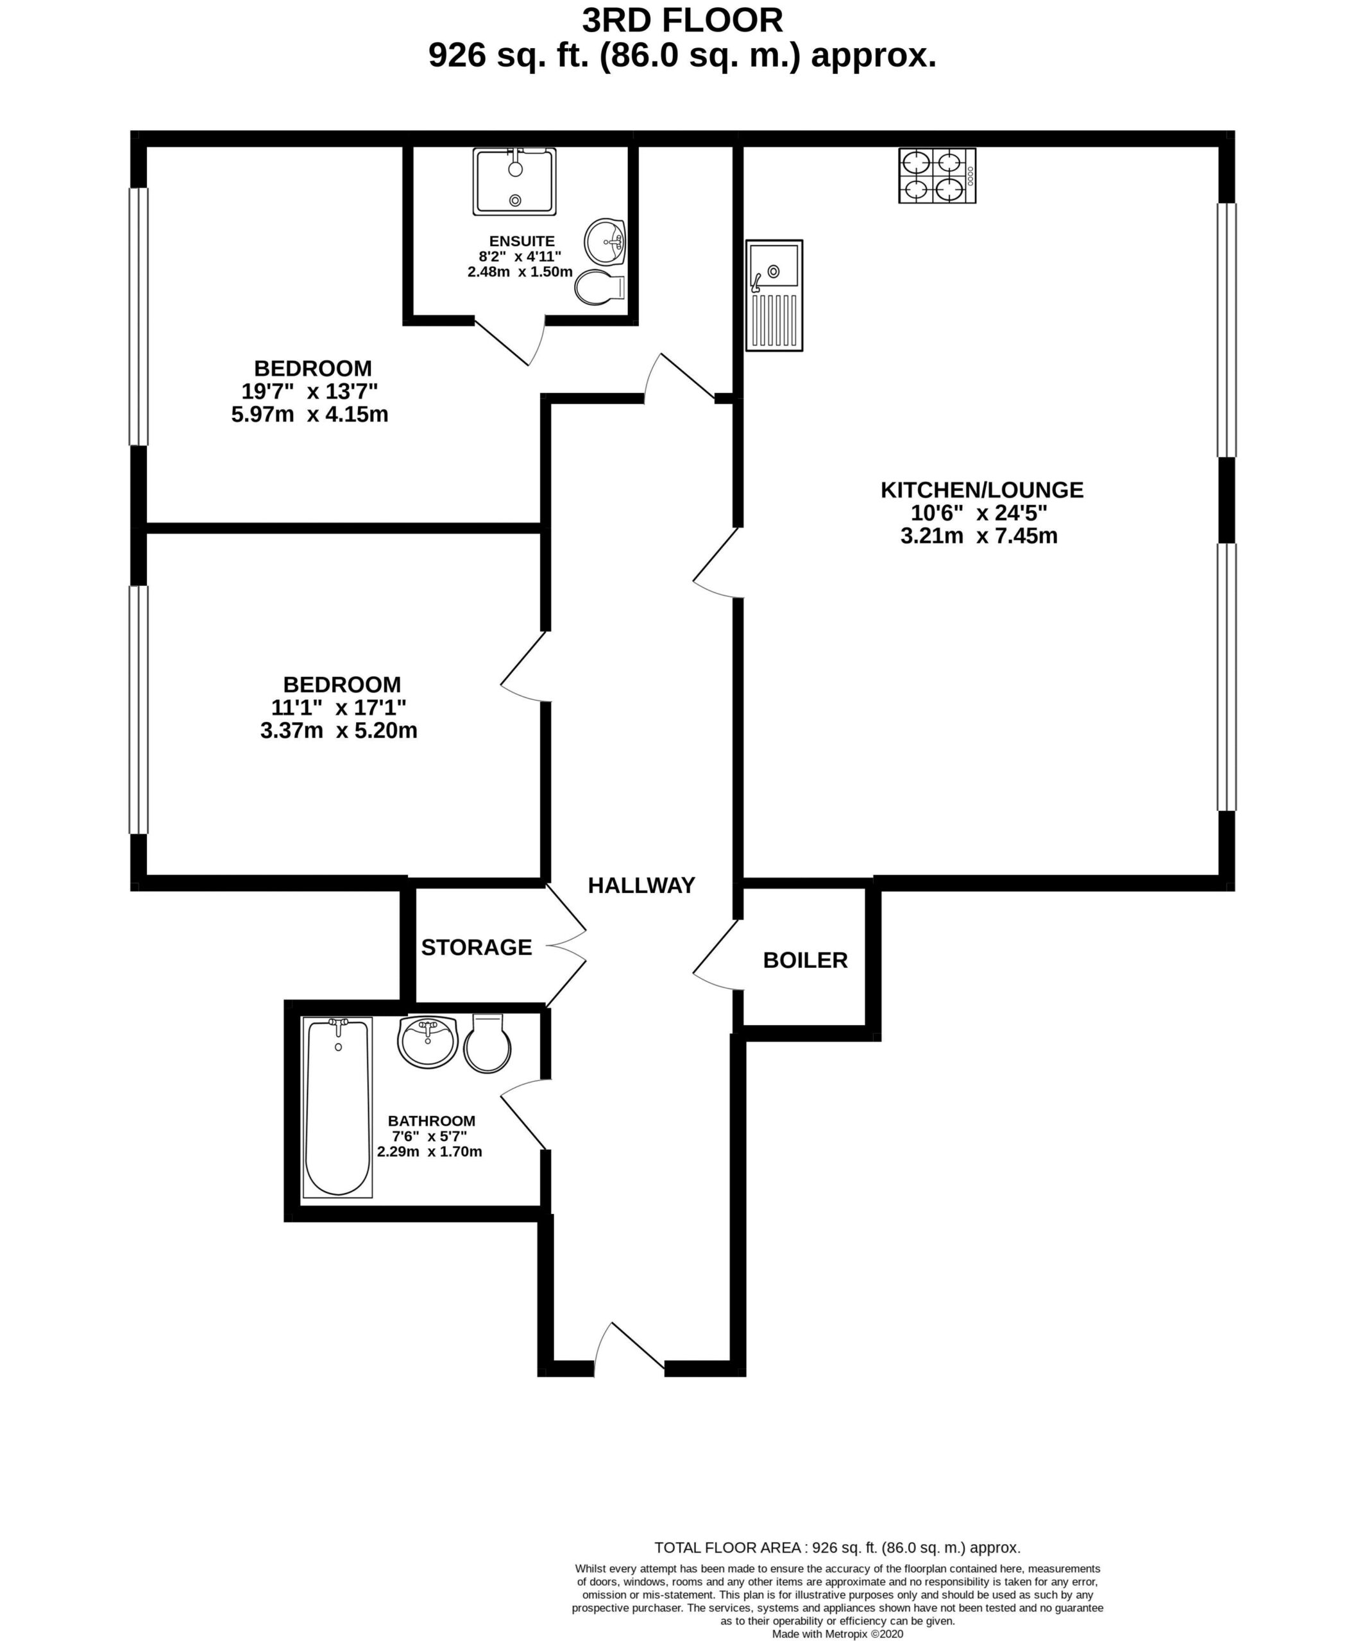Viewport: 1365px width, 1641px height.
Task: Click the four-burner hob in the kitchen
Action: point(937,176)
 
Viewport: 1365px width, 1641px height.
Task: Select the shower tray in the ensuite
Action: point(514,181)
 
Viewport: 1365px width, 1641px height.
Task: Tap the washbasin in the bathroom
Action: point(428,1042)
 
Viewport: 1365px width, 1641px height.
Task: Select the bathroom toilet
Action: point(488,1043)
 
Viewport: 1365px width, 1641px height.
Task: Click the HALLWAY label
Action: point(641,885)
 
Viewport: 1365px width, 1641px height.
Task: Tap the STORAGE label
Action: point(476,947)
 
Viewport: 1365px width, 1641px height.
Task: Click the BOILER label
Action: point(805,960)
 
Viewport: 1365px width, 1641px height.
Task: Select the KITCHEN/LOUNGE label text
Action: point(982,490)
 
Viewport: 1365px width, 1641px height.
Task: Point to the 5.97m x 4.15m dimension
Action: point(310,414)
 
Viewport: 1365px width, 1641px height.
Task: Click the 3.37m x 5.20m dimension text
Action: point(339,731)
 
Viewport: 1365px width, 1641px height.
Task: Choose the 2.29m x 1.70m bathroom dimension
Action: point(429,1151)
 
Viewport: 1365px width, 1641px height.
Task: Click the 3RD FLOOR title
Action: point(682,21)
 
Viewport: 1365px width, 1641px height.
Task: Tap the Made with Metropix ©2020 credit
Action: point(837,1633)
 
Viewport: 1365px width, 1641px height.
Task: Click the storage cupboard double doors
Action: point(566,945)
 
